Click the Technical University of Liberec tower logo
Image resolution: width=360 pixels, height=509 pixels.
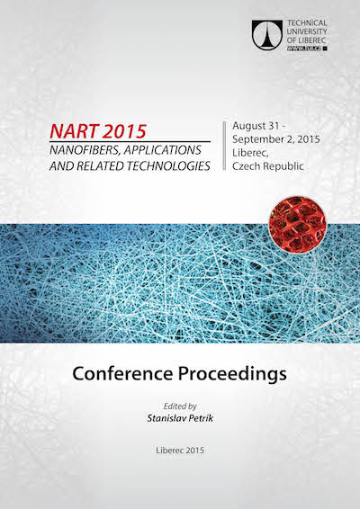[267, 35]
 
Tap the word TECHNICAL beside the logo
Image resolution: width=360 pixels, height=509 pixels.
[307, 23]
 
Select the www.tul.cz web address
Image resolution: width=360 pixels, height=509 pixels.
[304, 48]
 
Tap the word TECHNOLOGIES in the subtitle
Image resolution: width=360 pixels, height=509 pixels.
[168, 165]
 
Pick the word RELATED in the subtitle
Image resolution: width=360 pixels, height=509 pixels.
[100, 165]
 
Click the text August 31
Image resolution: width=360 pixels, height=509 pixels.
[256, 126]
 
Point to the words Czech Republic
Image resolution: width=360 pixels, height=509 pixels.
[267, 166]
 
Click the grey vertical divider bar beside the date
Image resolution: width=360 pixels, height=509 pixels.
[224, 146]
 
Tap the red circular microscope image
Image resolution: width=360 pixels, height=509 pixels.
[298, 225]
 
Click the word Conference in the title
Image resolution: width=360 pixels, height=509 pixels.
[122, 373]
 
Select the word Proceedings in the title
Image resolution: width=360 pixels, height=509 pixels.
[232, 374]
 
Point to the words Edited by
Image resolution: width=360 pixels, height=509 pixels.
[180, 406]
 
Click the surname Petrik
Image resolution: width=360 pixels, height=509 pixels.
[201, 418]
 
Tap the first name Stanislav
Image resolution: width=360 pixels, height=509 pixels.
[166, 418]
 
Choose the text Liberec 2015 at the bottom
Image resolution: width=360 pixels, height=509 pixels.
[180, 450]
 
